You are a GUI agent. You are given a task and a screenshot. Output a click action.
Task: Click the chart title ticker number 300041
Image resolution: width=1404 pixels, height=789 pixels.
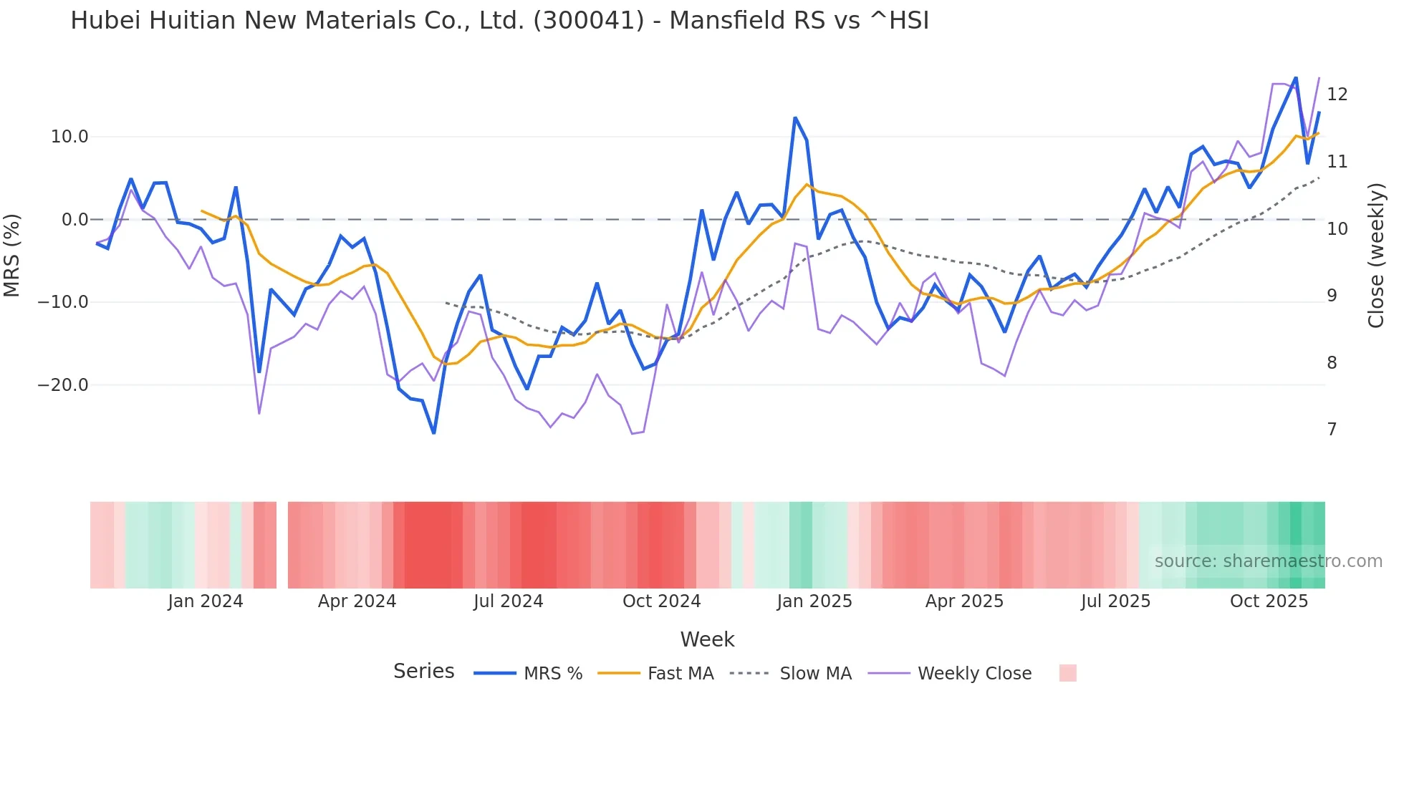tap(589, 21)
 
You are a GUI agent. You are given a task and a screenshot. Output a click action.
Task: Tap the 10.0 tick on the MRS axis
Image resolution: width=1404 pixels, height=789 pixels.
tap(69, 137)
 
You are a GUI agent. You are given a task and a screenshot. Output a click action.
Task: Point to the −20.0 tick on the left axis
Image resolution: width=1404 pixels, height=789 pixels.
tap(63, 385)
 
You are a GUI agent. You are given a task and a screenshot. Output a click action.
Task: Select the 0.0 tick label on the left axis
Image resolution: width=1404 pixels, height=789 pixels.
tap(75, 220)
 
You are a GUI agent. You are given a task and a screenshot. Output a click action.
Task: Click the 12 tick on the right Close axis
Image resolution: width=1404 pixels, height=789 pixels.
tap(1337, 95)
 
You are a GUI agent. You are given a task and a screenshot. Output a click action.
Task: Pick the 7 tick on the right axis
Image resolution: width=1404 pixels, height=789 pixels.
tap(1332, 430)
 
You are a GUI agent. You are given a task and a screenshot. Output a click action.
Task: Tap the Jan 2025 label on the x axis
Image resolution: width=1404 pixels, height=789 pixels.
tap(814, 601)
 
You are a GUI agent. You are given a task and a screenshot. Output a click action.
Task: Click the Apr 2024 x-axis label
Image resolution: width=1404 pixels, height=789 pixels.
tap(357, 601)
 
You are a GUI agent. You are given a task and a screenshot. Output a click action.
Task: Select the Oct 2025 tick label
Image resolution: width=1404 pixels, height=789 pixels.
tap(1269, 601)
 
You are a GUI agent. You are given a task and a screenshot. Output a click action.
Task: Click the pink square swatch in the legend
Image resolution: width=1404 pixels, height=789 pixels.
tap(1067, 673)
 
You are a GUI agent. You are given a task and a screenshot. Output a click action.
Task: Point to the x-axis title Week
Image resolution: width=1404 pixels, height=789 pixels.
tap(707, 639)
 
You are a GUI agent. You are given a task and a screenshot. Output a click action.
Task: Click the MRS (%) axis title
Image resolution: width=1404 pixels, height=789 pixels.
tap(12, 256)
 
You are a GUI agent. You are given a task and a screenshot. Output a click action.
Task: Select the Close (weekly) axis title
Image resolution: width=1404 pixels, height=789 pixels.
tap(1375, 256)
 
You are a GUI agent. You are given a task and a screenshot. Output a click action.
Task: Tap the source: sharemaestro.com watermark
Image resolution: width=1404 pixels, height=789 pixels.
tap(1268, 561)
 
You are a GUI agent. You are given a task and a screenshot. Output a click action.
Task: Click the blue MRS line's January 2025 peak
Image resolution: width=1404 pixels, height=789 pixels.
tap(795, 118)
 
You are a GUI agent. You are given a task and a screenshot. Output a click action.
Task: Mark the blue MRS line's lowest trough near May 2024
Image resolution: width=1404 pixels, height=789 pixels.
tap(434, 432)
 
